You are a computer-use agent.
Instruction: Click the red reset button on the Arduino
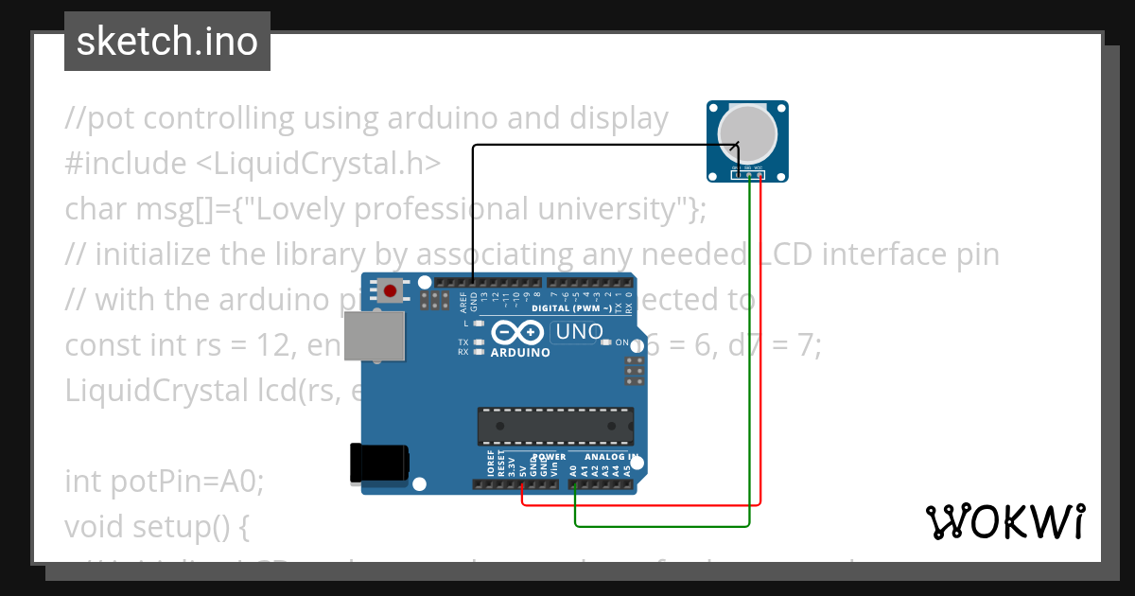pyautogui.click(x=389, y=290)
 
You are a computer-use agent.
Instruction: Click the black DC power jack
pyautogui.click(x=378, y=464)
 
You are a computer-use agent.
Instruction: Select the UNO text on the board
pyautogui.click(x=579, y=332)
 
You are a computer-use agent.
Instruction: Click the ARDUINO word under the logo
pyautogui.click(x=520, y=352)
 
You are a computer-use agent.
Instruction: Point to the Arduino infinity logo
pyautogui.click(x=517, y=332)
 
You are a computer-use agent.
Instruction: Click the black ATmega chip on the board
pyautogui.click(x=554, y=426)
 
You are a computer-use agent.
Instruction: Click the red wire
pyautogui.click(x=643, y=504)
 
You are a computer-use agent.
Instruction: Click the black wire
pyautogui.click(x=586, y=145)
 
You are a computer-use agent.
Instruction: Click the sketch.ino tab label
pyautogui.click(x=167, y=42)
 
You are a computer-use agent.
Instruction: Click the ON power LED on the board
pyautogui.click(x=621, y=342)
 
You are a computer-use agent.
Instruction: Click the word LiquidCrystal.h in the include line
pyautogui.click(x=319, y=164)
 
